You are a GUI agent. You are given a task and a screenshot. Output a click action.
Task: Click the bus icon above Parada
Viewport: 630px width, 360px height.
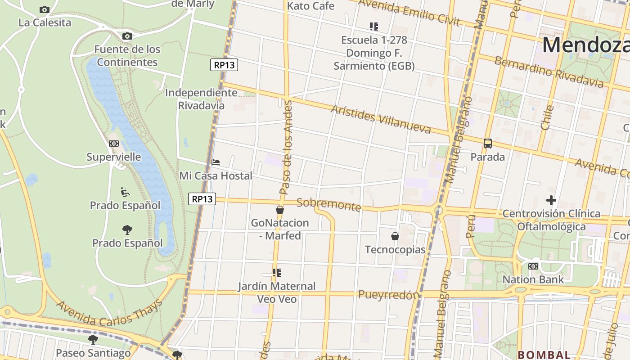[488, 144]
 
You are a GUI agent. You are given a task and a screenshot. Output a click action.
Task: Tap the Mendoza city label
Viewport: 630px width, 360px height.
[585, 45]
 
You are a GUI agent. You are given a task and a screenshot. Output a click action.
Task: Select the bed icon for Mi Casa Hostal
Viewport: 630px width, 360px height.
[216, 162]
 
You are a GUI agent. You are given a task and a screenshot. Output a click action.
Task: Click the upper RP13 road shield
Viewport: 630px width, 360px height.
[224, 65]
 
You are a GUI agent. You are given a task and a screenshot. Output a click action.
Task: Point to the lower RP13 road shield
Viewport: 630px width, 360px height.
[202, 198]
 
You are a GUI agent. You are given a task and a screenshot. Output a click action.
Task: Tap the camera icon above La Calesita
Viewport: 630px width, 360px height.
[44, 9]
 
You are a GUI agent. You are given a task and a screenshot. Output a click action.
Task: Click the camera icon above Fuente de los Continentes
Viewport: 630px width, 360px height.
[127, 36]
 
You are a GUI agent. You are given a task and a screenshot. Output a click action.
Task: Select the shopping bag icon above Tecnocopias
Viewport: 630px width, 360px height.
[395, 236]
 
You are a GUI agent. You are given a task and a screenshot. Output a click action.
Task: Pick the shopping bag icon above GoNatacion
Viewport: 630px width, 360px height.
[280, 210]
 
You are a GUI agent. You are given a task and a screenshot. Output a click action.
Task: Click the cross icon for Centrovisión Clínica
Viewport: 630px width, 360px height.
[551, 200]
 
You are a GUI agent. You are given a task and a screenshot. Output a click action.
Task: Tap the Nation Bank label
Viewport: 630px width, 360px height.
[533, 279]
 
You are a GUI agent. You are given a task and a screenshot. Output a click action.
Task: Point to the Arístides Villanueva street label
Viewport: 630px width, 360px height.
[381, 119]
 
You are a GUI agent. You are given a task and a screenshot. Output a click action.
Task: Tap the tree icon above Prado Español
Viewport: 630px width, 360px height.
[127, 230]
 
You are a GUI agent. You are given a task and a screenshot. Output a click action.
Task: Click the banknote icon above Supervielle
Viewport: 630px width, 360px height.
[114, 144]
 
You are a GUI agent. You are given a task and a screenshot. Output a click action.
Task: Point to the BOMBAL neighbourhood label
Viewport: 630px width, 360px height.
[544, 355]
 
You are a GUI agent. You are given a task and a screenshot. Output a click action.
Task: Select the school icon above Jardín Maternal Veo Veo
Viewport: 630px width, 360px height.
[277, 272]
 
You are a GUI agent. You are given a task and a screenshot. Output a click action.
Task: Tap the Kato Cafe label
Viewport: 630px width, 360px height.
[310, 6]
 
